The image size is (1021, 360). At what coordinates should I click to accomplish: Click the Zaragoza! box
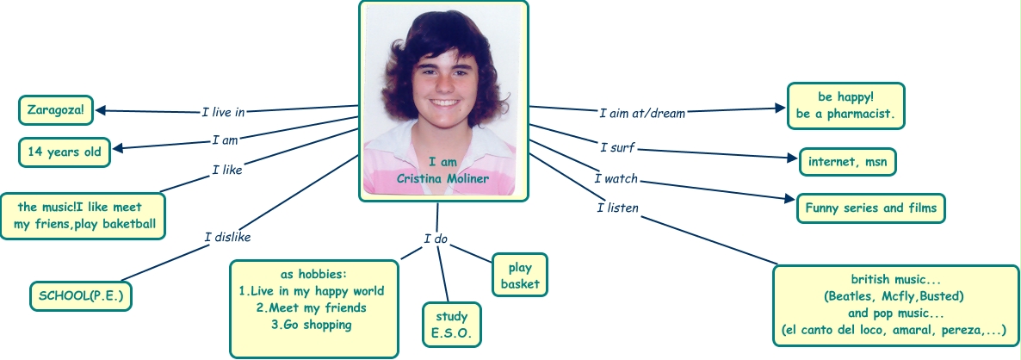coord(55,110)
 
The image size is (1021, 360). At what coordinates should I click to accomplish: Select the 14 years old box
coord(65,152)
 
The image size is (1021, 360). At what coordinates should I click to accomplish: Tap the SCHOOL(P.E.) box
coord(81,295)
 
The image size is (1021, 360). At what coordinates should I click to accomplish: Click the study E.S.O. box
coord(451,326)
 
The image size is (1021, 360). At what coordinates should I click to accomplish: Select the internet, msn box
coord(847,160)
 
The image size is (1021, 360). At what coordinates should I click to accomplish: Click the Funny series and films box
coord(869,208)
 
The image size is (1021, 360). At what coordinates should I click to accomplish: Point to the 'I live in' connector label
coord(223,112)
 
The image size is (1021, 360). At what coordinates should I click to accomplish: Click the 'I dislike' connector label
coord(227,237)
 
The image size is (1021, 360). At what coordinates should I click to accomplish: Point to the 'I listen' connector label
coord(617,208)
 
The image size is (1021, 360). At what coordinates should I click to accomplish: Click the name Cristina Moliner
coord(442,178)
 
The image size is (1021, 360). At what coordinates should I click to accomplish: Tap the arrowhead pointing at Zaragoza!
coord(101,110)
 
